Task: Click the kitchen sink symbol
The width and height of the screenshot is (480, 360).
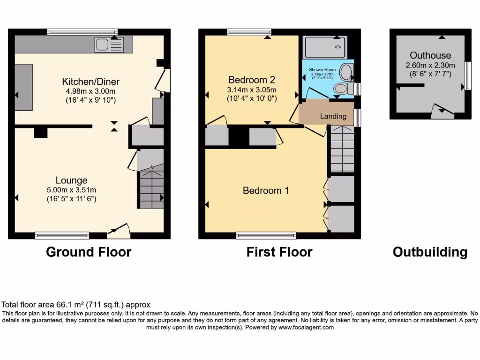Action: coord(109,45)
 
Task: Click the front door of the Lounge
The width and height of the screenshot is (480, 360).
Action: coord(120,229)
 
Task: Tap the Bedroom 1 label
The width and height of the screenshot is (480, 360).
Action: coord(266,190)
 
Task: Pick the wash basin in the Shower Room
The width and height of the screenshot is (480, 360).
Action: coord(346,72)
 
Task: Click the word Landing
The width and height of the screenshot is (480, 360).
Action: coord(333,116)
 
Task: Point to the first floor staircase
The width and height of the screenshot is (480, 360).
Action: coord(342,150)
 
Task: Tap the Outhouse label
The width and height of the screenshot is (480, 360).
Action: coord(430,55)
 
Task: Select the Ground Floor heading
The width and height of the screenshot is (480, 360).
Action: coord(89,252)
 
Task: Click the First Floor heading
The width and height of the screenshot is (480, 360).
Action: coord(279,252)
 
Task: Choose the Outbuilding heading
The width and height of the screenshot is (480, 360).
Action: coord(430,252)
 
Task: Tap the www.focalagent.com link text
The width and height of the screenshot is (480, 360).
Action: coord(306,328)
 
